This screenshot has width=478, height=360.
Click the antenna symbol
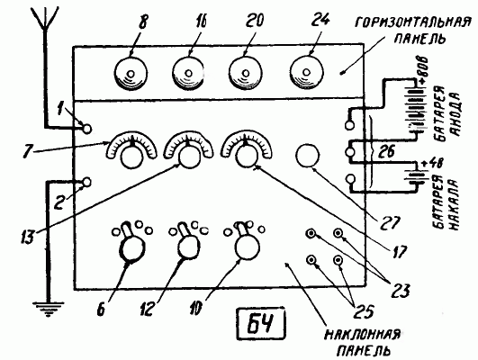tap(45, 18)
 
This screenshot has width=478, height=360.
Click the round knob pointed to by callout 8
tap(131, 73)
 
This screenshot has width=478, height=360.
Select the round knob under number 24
tap(306, 72)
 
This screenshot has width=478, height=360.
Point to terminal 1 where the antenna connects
tap(87, 129)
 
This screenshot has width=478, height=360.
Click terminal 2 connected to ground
tap(87, 183)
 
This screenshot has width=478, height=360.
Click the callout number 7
tap(28, 151)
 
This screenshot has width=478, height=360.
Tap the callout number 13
tap(28, 236)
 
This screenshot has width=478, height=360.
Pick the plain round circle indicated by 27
tap(308, 156)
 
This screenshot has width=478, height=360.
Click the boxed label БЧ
tap(261, 324)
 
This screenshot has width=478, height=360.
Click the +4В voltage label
tap(428, 165)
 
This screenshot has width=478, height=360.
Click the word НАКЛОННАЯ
tap(362, 335)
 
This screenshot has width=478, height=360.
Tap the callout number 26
tap(386, 151)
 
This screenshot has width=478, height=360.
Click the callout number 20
tap(254, 21)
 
